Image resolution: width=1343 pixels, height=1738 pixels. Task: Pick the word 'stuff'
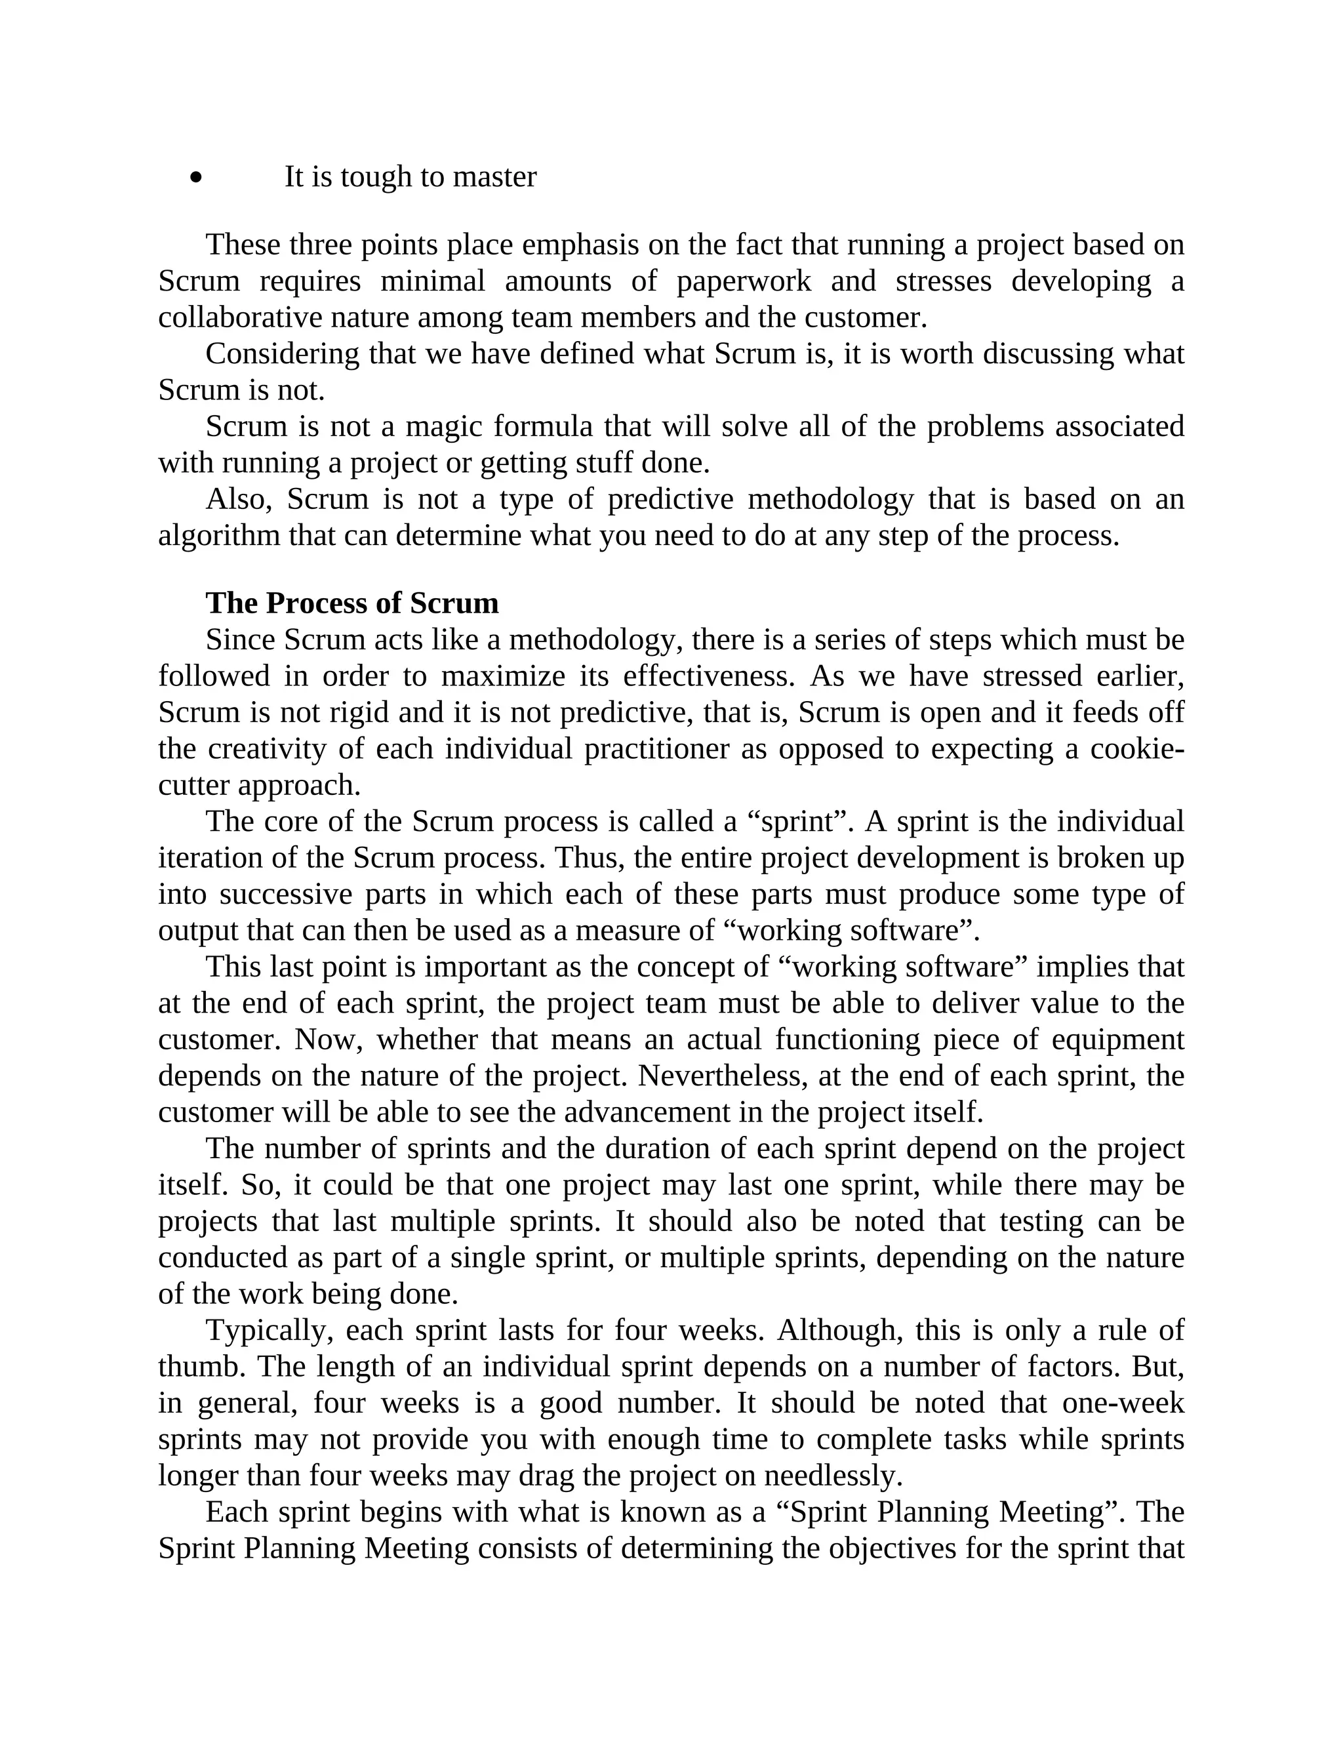pyautogui.click(x=608, y=462)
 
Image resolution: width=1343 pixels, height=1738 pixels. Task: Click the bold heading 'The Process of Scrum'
pyautogui.click(x=351, y=603)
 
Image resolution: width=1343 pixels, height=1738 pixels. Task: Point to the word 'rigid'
pyautogui.click(x=359, y=712)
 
